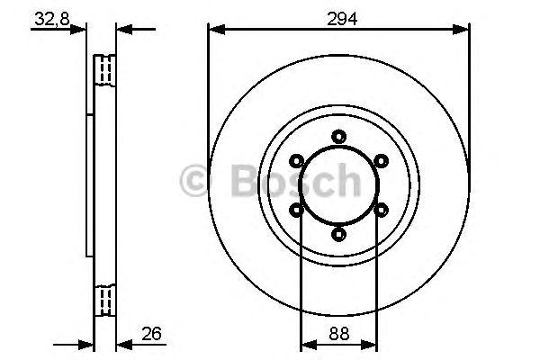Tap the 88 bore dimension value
pyautogui.click(x=337, y=332)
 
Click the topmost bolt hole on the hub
pyautogui.click(x=338, y=137)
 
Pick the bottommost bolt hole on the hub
pyautogui.click(x=338, y=234)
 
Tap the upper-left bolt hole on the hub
pyautogui.click(x=296, y=161)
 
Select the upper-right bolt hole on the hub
pyautogui.click(x=381, y=161)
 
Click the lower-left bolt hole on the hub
pyautogui.click(x=296, y=210)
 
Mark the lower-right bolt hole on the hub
pyautogui.click(x=381, y=210)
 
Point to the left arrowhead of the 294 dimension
pyautogui.click(x=213, y=30)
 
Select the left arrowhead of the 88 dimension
pyautogui.click(x=305, y=344)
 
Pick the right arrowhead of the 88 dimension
pyautogui.click(x=372, y=344)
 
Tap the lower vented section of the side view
pyautogui.click(x=104, y=300)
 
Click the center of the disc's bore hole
pyautogui.click(x=338, y=185)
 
